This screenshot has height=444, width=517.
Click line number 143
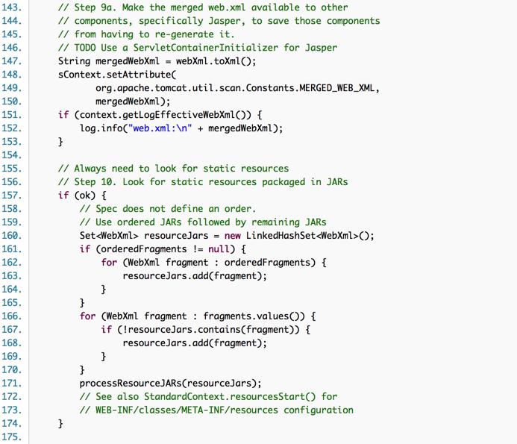point(13,7)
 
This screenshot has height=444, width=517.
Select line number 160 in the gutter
point(13,235)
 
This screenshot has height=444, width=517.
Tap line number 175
point(13,437)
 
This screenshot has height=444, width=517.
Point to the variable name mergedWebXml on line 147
point(132,61)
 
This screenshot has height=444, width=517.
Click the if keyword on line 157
point(63,195)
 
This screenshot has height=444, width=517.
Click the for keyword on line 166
point(88,316)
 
